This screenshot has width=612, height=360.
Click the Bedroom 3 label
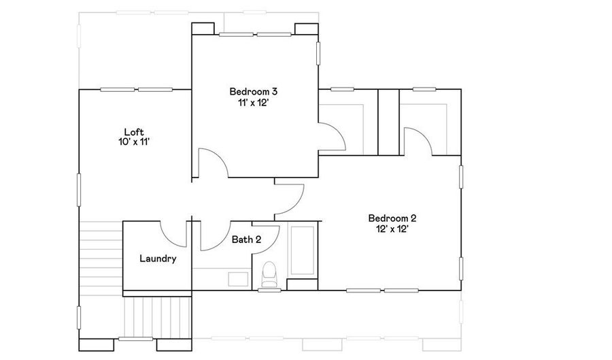pos(254,92)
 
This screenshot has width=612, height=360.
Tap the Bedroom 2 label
pos(392,218)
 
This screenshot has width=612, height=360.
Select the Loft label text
pos(134,132)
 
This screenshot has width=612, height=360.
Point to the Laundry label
pos(158,259)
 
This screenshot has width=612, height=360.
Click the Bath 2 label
pos(246,240)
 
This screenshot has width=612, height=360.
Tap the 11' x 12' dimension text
pos(254,103)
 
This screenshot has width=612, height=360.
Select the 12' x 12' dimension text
pos(392,229)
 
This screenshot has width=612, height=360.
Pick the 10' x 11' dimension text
pos(134,142)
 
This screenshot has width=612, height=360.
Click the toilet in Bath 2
pos(269,274)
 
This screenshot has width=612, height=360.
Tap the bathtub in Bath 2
pos(303,250)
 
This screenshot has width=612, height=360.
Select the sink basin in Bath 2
pos(238,279)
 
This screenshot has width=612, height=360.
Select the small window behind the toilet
pos(269,290)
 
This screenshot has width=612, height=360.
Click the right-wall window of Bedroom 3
pos(318,53)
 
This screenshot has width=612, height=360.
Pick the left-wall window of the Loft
pos(79,190)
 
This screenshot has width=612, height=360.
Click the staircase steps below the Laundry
pos(157,316)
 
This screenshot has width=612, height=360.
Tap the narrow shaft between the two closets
pos(388,122)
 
